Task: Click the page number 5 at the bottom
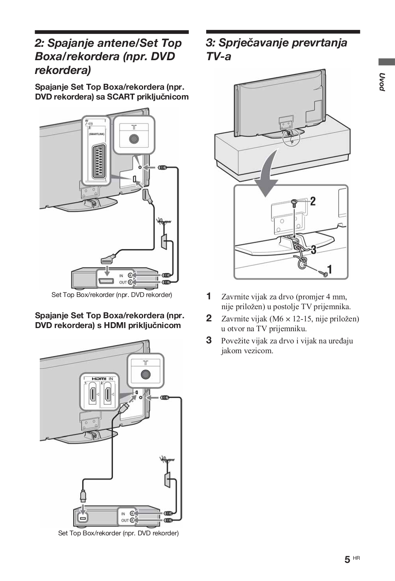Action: pyautogui.click(x=347, y=560)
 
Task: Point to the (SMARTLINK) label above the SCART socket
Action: pyautogui.click(x=96, y=134)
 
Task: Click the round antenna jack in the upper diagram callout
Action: pyautogui.click(x=134, y=139)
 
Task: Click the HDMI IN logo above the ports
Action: pyautogui.click(x=102, y=378)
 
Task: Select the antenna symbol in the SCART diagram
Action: pyautogui.click(x=162, y=222)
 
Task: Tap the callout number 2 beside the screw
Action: pyautogui.click(x=313, y=201)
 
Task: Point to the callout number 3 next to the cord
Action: pyautogui.click(x=313, y=249)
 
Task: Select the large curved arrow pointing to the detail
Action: pyautogui.click(x=268, y=173)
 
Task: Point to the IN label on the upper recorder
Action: pyautogui.click(x=121, y=275)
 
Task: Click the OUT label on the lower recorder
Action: pyautogui.click(x=125, y=520)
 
